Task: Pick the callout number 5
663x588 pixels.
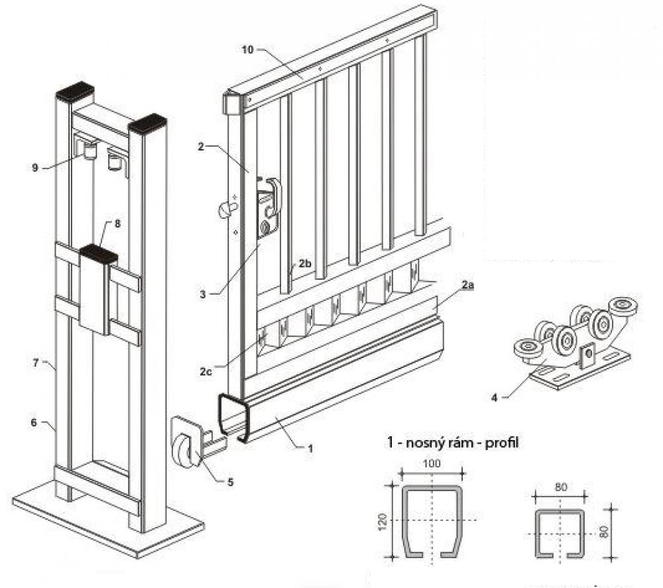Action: [230, 482]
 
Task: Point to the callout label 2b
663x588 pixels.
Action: [304, 264]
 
